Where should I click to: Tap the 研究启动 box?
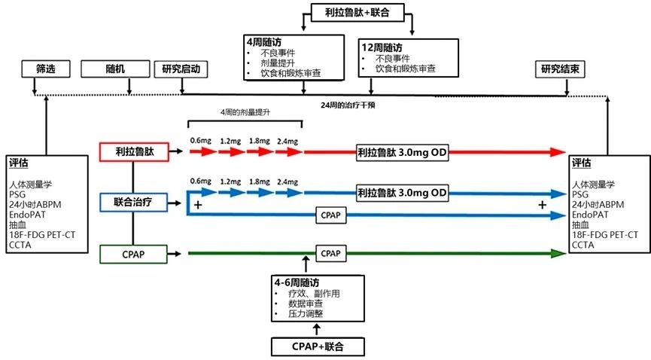pos(181,69)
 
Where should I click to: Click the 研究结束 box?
pos(559,69)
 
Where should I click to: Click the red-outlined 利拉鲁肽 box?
pos(132,151)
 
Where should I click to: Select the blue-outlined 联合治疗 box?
pos(132,201)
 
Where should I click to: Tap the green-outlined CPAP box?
pos(132,255)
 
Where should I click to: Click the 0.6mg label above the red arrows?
pos(200,140)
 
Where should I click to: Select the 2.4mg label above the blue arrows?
pos(288,182)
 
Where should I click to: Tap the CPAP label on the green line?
pos(329,254)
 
